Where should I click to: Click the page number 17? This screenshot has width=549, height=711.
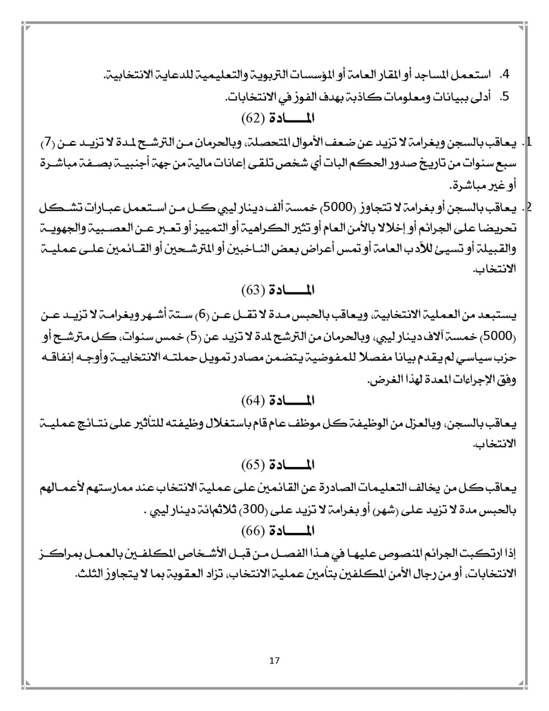tap(274, 660)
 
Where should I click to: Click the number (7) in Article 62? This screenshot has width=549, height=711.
tap(47, 144)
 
